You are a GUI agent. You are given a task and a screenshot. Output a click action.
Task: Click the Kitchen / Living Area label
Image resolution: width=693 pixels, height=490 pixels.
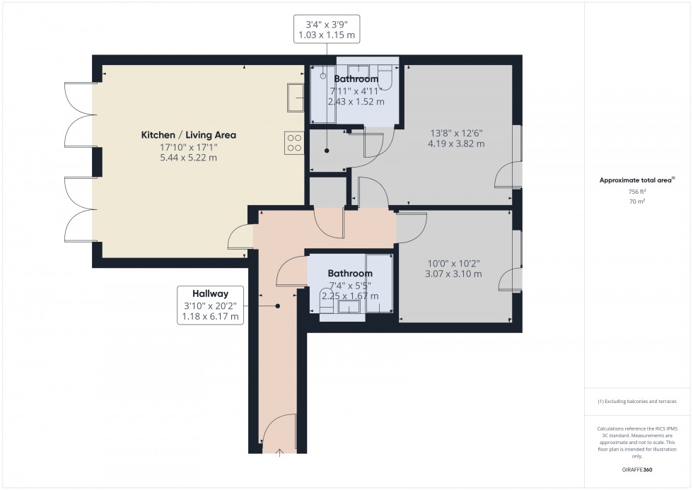pyautogui.click(x=188, y=135)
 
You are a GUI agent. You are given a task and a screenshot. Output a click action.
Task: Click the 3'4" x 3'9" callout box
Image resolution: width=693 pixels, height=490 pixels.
pyautogui.click(x=327, y=28)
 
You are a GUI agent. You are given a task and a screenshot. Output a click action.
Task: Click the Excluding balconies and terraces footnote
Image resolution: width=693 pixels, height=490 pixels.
pyautogui.click(x=637, y=401)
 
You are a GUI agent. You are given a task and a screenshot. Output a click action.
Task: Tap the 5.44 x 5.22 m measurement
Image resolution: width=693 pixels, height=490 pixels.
pyautogui.click(x=188, y=158)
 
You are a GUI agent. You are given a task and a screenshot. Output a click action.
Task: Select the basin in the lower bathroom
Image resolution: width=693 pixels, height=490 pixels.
pyautogui.click(x=349, y=308)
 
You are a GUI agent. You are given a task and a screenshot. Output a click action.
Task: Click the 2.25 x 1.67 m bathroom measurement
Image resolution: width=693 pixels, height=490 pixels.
pyautogui.click(x=349, y=296)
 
